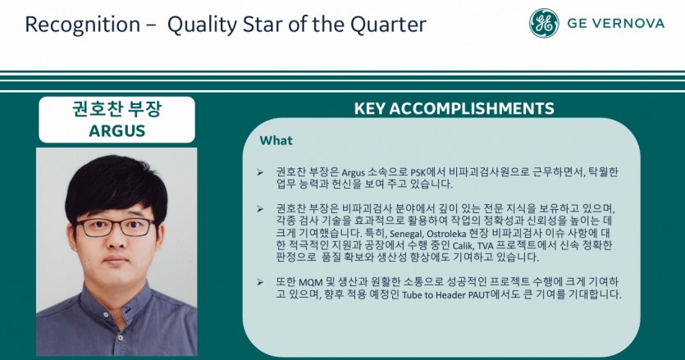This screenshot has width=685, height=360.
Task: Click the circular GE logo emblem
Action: coord(544,23)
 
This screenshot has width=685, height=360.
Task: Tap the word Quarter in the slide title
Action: coord(388,25)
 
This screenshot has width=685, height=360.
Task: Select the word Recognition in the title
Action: coord(83,25)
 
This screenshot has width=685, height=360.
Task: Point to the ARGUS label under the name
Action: coord(117,130)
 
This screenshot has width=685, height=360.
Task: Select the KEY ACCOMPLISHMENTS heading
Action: coord(454,108)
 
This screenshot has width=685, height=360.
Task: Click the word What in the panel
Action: coord(276,140)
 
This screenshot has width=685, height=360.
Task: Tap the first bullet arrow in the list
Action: coord(260,172)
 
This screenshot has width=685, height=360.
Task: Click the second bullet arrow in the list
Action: coord(260,209)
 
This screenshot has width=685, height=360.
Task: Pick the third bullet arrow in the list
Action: coord(260,282)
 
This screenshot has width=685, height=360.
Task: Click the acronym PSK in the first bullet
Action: coord(418,172)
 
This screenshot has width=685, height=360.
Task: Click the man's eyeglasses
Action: coord(116,228)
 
